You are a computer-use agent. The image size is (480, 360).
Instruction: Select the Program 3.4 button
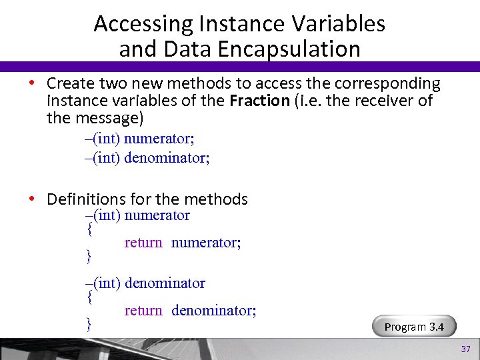coord(413,327)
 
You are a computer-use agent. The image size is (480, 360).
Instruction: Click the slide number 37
coord(466,350)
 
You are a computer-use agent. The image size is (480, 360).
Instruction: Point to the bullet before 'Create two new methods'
coord(31,84)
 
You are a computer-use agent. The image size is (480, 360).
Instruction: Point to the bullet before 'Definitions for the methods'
coord(31,199)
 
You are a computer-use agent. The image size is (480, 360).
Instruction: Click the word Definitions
coord(86,199)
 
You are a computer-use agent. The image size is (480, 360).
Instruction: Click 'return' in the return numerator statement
coord(143,243)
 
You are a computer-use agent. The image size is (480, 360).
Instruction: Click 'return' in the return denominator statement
coord(143,311)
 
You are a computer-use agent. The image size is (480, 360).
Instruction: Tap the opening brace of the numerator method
coord(89,229)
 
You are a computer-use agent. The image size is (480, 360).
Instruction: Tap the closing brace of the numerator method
coord(89,256)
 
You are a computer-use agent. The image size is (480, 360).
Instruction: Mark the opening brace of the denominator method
coord(89,297)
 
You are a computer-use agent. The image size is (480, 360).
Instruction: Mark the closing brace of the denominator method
coord(89,324)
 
